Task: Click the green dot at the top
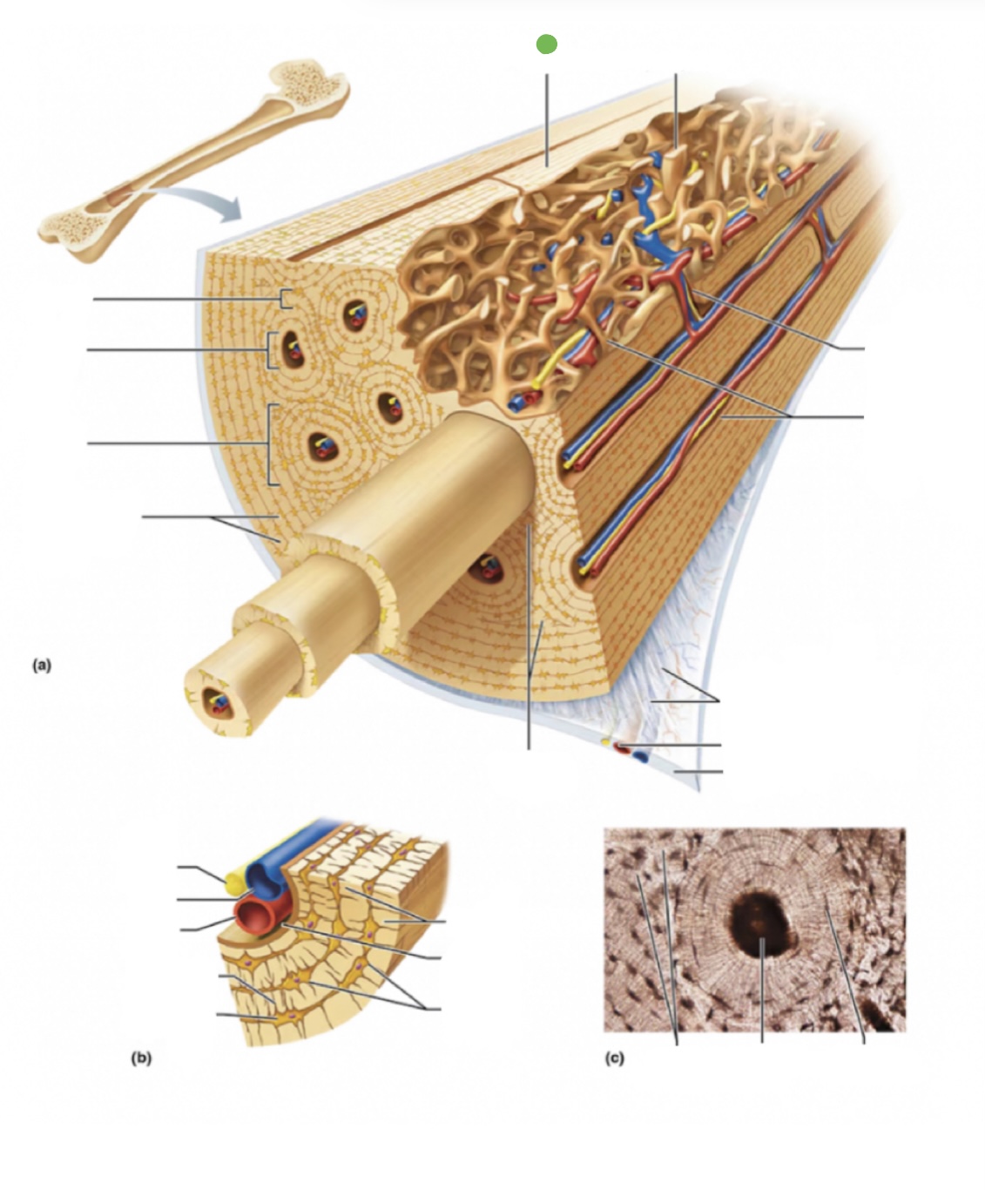[546, 44]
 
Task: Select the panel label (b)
[141, 1058]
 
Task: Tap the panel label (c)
[615, 1058]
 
